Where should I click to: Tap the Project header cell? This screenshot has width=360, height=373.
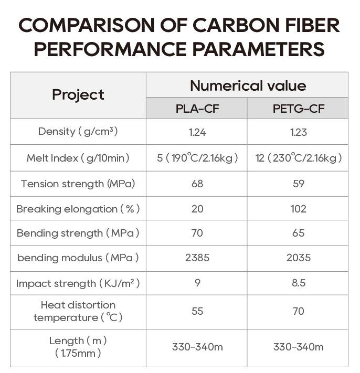coord(78,95)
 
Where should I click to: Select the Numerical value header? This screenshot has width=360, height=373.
coord(247,86)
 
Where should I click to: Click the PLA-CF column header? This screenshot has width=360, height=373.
coord(197,109)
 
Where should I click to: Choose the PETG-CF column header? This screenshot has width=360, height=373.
coord(298,109)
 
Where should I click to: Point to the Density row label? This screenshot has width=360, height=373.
coord(78,132)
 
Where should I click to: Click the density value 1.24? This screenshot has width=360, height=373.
coord(197,132)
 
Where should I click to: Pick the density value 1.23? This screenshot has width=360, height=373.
coord(298,132)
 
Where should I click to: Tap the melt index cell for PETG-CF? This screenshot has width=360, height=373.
coord(298,158)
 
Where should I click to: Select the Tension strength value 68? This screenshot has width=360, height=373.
coord(197,184)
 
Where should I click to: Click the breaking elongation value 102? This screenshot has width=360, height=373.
coord(298,209)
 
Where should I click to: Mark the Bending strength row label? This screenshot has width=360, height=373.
coord(78,233)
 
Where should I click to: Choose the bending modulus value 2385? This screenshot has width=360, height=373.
coord(197,258)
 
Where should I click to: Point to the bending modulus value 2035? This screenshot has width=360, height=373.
coord(298,258)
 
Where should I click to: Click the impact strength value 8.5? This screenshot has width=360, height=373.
coord(298,283)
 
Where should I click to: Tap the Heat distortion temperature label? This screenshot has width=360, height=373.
coord(78,311)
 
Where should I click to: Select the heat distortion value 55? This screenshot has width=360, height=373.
coord(197,311)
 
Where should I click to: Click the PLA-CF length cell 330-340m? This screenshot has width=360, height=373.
coord(197,347)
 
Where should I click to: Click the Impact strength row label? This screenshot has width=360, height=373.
coord(78,283)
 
